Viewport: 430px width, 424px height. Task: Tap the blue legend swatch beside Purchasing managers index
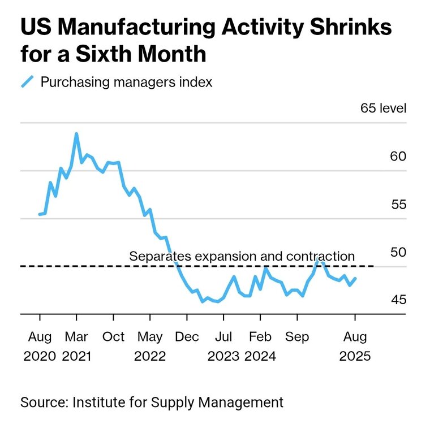[28, 82]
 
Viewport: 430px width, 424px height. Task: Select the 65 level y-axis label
[383, 109]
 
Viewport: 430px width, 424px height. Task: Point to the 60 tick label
[398, 156]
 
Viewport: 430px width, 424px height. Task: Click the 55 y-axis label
[398, 204]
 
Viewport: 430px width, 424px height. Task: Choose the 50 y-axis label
[398, 252]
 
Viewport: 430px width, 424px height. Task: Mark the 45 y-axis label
[398, 299]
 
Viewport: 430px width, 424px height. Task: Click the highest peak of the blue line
[76, 134]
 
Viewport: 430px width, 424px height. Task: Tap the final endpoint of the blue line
[355, 278]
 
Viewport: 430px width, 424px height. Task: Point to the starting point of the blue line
[40, 214]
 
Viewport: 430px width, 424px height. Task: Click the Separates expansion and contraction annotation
[242, 256]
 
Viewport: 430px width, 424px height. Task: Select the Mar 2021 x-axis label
[76, 347]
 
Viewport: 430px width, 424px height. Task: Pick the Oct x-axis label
[113, 337]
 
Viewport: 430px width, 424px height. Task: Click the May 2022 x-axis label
[150, 347]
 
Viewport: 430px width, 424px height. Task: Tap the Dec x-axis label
[187, 337]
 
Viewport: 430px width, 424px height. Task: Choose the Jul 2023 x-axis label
[224, 347]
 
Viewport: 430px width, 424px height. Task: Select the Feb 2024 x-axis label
[260, 347]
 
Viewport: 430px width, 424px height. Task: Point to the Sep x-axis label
[297, 337]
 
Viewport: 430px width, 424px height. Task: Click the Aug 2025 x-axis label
[355, 347]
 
